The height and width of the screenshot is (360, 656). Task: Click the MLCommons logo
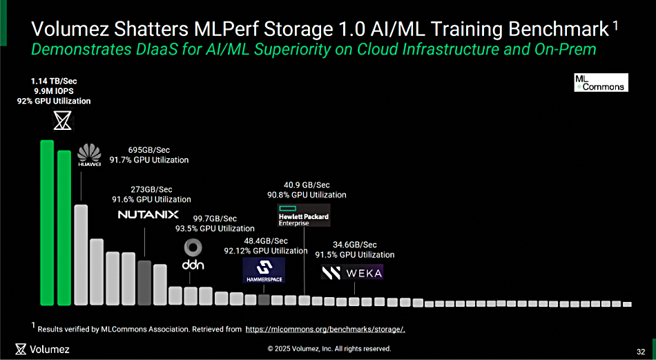point(601,82)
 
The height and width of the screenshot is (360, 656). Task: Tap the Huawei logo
point(90,155)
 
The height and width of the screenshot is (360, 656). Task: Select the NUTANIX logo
point(148,214)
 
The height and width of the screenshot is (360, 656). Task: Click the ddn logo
point(193,255)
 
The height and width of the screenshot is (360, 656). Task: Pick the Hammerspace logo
point(264,270)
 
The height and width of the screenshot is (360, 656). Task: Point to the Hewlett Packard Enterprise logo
point(304,215)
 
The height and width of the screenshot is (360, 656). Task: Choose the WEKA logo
point(352,273)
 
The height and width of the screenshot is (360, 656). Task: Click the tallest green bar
point(47,222)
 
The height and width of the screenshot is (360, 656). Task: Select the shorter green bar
point(64,228)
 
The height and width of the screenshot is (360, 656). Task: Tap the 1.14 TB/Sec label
point(54,82)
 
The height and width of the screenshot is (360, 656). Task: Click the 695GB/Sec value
point(149,150)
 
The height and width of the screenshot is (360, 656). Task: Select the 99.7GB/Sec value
point(215,218)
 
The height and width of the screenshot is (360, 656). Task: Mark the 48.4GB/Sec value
point(266,240)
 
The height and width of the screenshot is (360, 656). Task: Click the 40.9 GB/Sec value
point(307,184)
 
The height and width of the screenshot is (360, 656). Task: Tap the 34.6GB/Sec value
point(355,245)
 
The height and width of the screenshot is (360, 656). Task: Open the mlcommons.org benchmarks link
point(325,330)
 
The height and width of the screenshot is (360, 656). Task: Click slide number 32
point(641,352)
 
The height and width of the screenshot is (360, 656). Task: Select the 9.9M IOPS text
point(54,91)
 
